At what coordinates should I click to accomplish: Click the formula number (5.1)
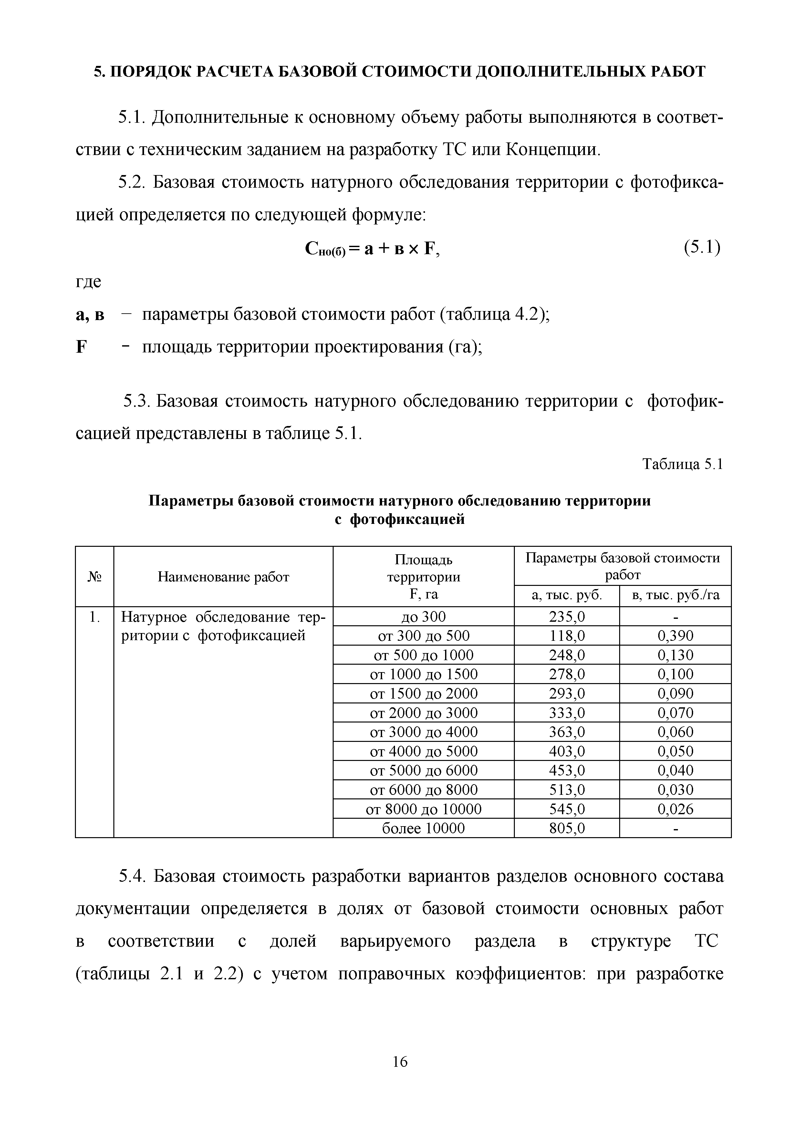tap(702, 247)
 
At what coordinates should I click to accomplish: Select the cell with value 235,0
tap(567, 617)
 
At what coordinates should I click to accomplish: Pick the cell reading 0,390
tap(675, 636)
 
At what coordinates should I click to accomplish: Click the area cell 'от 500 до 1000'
tap(423, 655)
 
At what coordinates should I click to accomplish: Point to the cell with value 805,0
tap(567, 827)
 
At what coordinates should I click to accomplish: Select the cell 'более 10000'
tap(423, 827)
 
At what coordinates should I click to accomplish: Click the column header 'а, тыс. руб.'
tap(567, 596)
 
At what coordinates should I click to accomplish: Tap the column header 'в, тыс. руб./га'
tap(675, 596)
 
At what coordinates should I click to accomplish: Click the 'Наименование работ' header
tap(223, 577)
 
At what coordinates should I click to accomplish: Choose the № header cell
tap(94, 577)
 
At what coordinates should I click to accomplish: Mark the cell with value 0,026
tap(675, 809)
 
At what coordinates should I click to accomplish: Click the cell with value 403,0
tap(567, 751)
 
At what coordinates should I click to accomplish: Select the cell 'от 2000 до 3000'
tap(423, 712)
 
